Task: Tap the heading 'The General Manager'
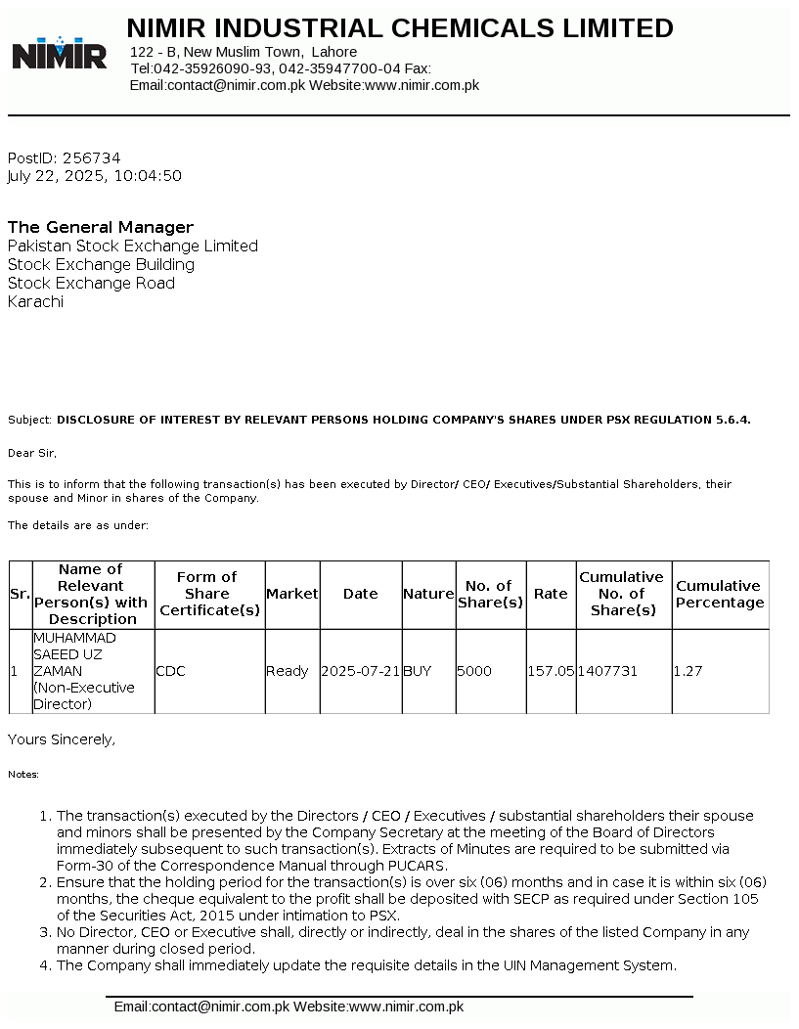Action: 101,227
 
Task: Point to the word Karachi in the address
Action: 35,301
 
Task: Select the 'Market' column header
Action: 292,594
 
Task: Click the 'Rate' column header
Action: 551,594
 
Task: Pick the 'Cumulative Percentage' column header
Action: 720,594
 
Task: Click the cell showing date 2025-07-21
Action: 361,671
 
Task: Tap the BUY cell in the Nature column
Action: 417,671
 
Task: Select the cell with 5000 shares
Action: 474,671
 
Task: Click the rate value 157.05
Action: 551,671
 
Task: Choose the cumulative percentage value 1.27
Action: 688,671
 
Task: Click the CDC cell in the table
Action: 170,671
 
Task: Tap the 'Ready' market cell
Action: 288,671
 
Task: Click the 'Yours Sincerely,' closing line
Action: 62,739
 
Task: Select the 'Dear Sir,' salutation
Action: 32,453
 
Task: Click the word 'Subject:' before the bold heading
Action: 29,420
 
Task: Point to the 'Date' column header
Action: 360,594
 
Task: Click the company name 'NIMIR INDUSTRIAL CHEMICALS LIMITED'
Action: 400,28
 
